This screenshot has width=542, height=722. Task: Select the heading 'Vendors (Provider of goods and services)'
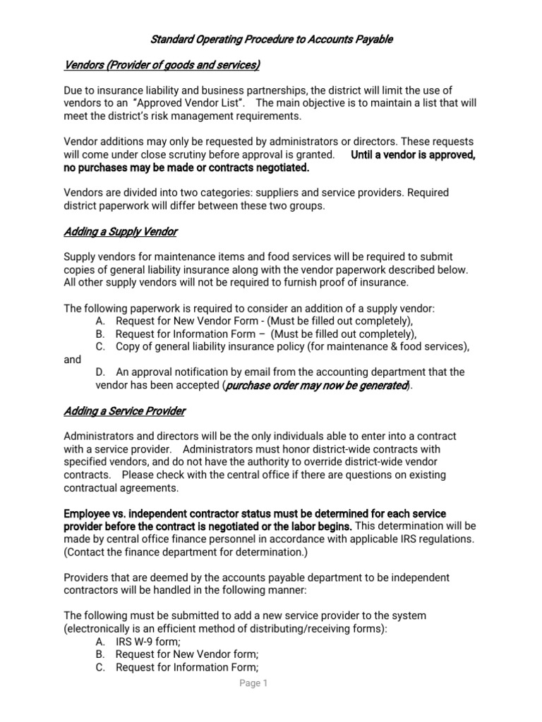[162, 66]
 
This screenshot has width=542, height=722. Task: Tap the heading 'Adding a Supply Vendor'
[120, 231]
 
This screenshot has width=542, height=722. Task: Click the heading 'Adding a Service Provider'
[125, 411]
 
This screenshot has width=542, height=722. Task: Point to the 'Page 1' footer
[253, 683]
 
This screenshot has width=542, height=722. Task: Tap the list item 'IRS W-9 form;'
[148, 642]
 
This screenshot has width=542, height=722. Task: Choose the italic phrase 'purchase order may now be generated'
[316, 386]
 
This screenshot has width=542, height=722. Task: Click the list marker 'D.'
[100, 372]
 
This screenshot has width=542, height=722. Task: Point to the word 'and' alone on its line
[73, 360]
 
